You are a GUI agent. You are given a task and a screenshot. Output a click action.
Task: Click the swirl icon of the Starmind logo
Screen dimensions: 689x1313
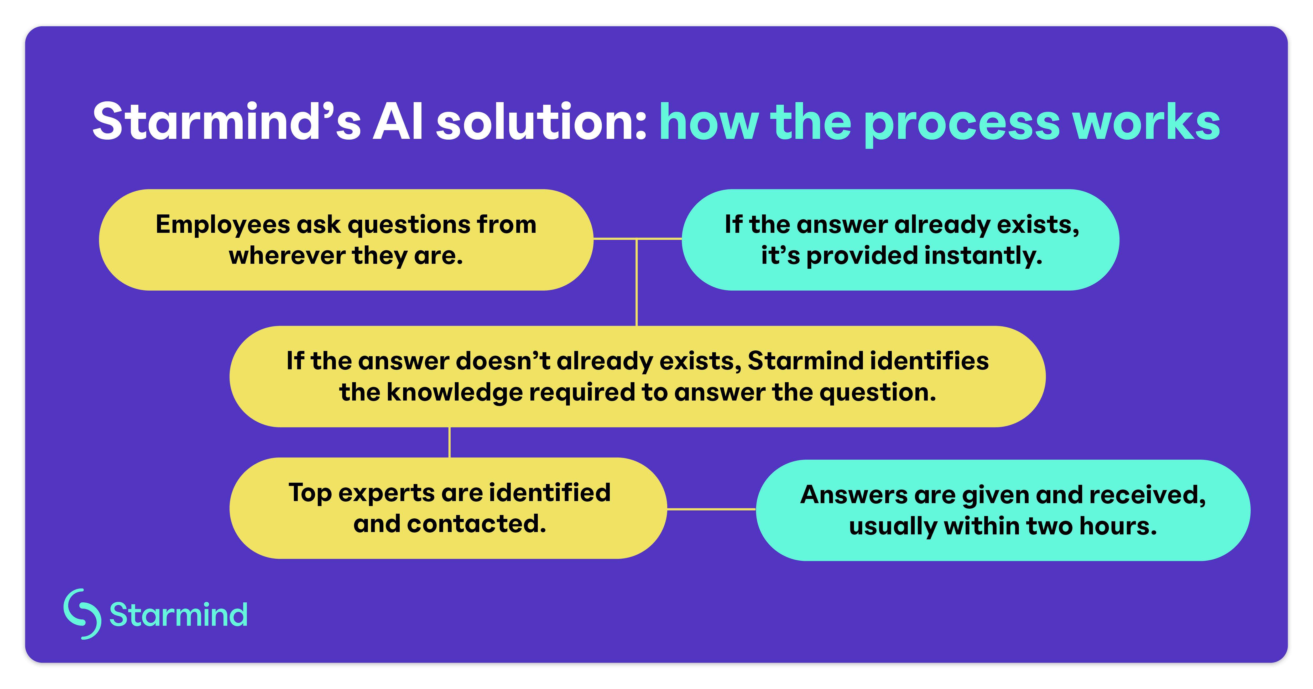click(82, 614)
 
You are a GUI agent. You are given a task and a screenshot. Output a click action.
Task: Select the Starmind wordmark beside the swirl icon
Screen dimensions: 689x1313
click(178, 615)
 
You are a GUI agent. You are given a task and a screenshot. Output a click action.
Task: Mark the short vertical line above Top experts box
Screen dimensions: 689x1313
click(449, 442)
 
